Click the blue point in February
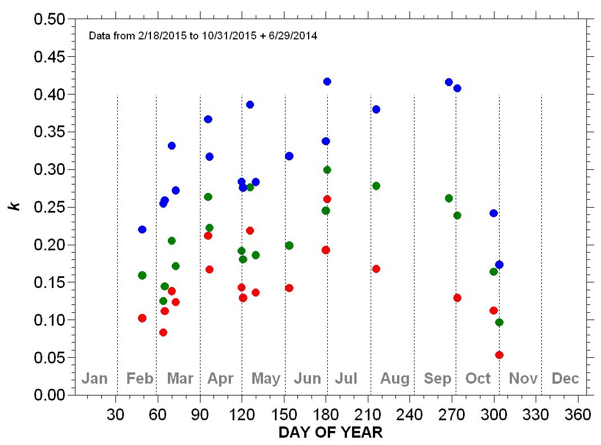pyautogui.click(x=142, y=230)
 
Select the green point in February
pyautogui.click(x=142, y=276)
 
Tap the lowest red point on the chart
pyautogui.click(x=499, y=355)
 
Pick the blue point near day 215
pyautogui.click(x=376, y=109)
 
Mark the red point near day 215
pyautogui.click(x=376, y=269)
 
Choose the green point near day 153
pyautogui.click(x=289, y=245)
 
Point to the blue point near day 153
pyautogui.click(x=289, y=156)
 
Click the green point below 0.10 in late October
pyautogui.click(x=499, y=322)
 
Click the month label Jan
pyautogui.click(x=94, y=379)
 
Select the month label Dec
pyautogui.click(x=565, y=379)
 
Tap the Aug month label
pyautogui.click(x=395, y=379)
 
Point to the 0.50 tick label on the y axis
pyautogui.click(x=50, y=20)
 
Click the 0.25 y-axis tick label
pyautogui.click(x=50, y=207)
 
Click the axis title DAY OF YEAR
pyautogui.click(x=331, y=433)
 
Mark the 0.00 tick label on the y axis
pyautogui.click(x=50, y=395)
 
